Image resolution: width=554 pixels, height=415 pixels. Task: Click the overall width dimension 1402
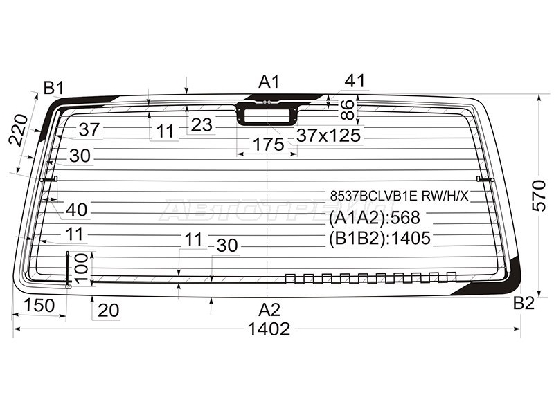pos(269,329)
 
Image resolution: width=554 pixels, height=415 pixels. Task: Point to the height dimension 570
pos(539,195)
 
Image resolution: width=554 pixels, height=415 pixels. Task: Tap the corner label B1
pos(53,88)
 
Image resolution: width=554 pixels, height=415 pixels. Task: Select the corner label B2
pos(524,303)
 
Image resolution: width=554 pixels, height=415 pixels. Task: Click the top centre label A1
pos(269,82)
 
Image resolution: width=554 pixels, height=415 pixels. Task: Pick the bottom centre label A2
pos(269,310)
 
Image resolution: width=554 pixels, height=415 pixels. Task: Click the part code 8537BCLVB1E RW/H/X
pos(400,196)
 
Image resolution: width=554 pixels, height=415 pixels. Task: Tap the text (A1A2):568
pos(374,218)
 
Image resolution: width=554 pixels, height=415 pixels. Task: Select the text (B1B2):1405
pos(379,238)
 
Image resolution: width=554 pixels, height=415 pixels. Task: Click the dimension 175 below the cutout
pos(269,145)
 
